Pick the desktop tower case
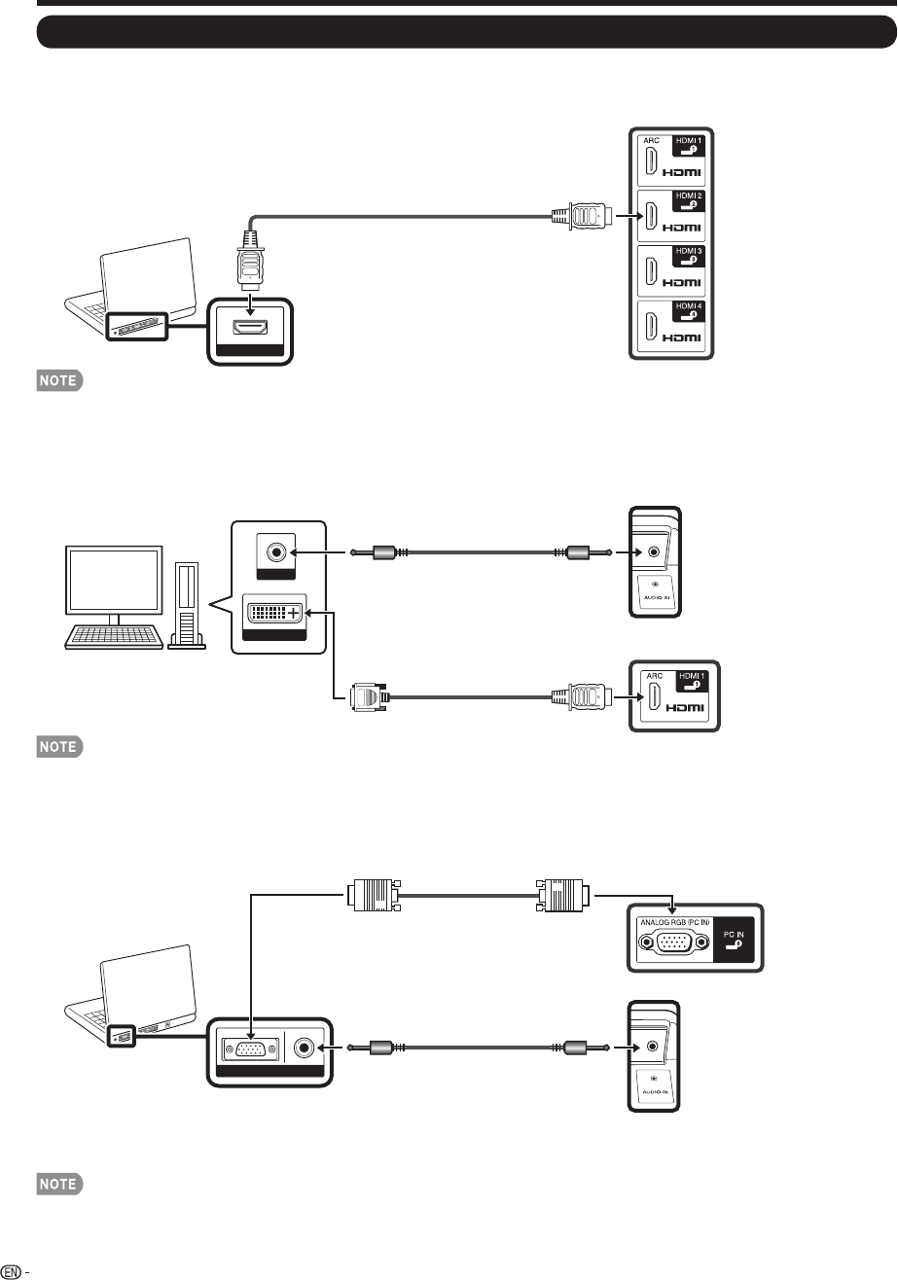(184, 605)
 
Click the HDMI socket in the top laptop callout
(246, 326)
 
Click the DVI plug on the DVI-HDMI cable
(368, 696)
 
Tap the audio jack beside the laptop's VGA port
(307, 1049)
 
